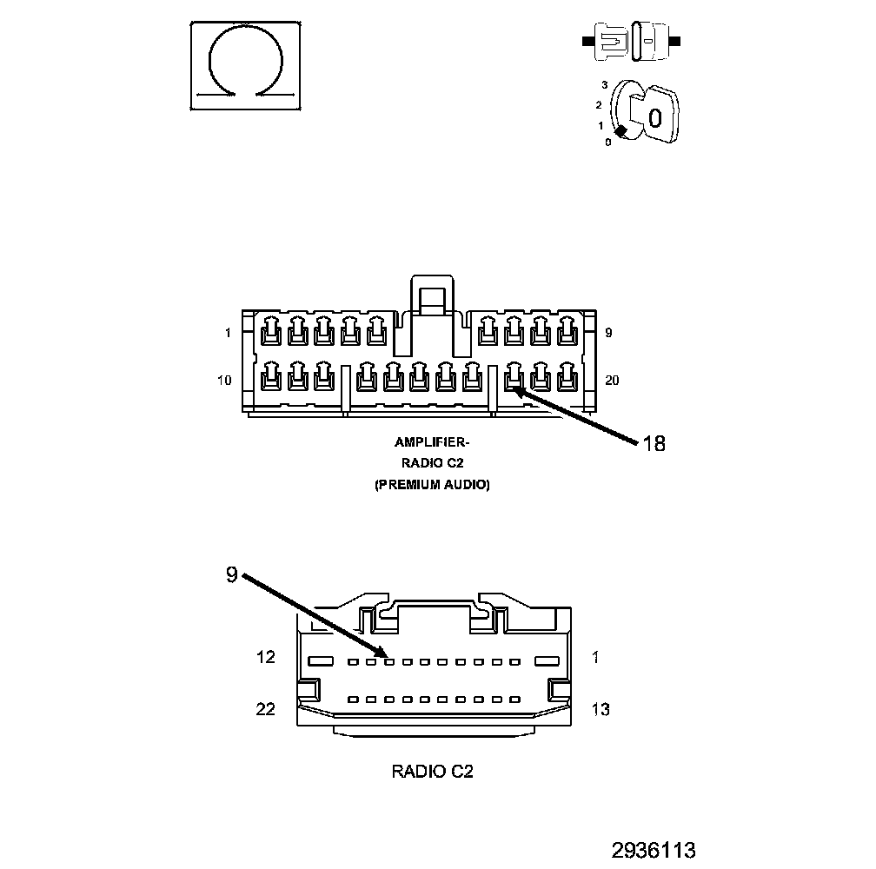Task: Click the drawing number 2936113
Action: pyautogui.click(x=653, y=849)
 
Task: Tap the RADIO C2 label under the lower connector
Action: pyautogui.click(x=432, y=771)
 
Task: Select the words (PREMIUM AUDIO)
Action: pyautogui.click(x=432, y=485)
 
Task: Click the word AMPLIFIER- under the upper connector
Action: pyautogui.click(x=432, y=442)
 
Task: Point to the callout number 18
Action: pyautogui.click(x=654, y=443)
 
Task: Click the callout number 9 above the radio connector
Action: pyautogui.click(x=231, y=575)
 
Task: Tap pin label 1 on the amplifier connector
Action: pyautogui.click(x=228, y=333)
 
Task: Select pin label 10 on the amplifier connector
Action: pyautogui.click(x=225, y=380)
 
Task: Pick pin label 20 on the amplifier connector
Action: pyautogui.click(x=612, y=380)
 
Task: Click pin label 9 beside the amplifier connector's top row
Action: pyautogui.click(x=608, y=333)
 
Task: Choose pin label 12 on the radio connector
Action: pyautogui.click(x=266, y=657)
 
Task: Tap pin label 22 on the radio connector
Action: pyautogui.click(x=266, y=709)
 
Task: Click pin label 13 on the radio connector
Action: pyautogui.click(x=600, y=709)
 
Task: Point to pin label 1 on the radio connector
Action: pyautogui.click(x=594, y=657)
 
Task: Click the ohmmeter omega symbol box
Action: pyautogui.click(x=247, y=66)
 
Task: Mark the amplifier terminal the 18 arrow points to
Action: pyautogui.click(x=514, y=376)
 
